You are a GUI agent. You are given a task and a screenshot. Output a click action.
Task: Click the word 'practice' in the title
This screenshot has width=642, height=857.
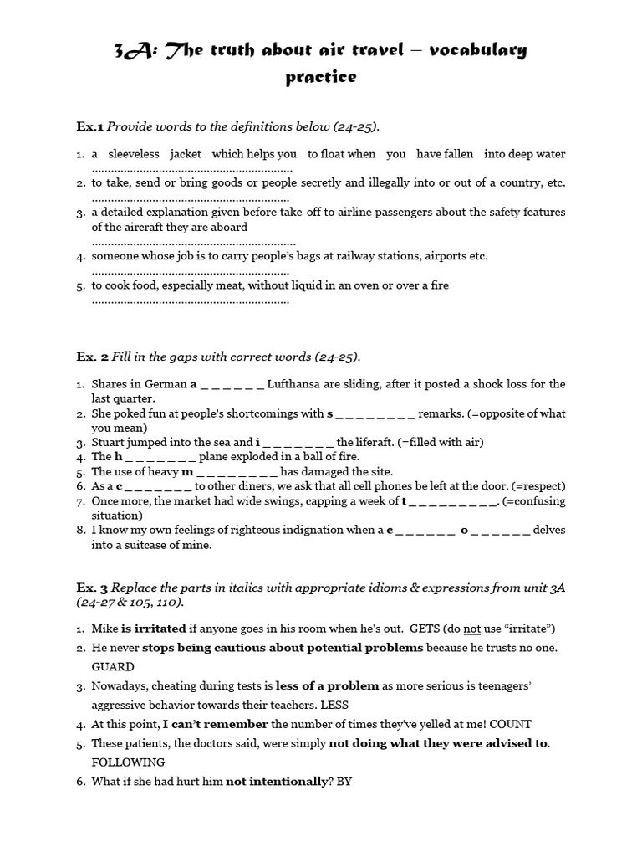point(321,77)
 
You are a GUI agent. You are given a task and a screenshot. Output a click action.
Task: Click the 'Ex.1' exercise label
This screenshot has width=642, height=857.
point(89,126)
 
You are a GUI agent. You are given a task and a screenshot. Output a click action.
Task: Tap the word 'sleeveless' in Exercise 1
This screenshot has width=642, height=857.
point(135,154)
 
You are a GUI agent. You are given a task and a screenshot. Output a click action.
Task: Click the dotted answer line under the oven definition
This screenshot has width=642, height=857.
point(191,300)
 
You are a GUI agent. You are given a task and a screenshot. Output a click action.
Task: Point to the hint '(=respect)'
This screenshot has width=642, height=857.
point(537,486)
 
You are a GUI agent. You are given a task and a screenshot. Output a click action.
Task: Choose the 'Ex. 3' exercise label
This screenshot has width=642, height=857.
point(92,588)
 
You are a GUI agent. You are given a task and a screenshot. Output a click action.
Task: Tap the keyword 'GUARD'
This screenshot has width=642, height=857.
point(113,667)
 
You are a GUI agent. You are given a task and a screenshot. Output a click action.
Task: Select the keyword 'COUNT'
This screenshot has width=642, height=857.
point(509,725)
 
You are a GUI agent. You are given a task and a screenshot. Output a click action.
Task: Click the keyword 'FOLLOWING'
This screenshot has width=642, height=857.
point(128,762)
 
